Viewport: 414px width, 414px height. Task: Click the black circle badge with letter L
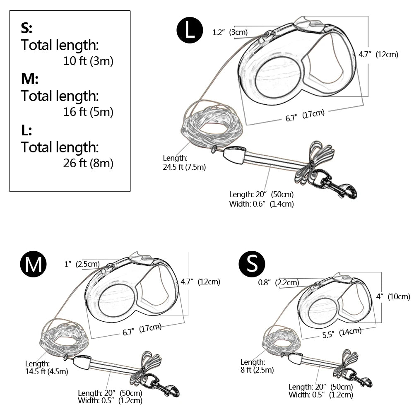190,31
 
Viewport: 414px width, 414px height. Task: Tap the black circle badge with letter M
34,264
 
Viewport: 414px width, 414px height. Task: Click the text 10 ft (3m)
88,61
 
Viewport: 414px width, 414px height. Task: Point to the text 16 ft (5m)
88,112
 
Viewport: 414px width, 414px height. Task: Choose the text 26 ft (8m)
88,163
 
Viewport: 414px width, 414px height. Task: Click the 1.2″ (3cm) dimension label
230,32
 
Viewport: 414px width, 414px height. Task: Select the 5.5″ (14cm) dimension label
342,332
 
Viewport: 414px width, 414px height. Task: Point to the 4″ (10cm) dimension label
393,296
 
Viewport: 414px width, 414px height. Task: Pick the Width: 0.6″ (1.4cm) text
261,204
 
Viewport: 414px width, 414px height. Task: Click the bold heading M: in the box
29,79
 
